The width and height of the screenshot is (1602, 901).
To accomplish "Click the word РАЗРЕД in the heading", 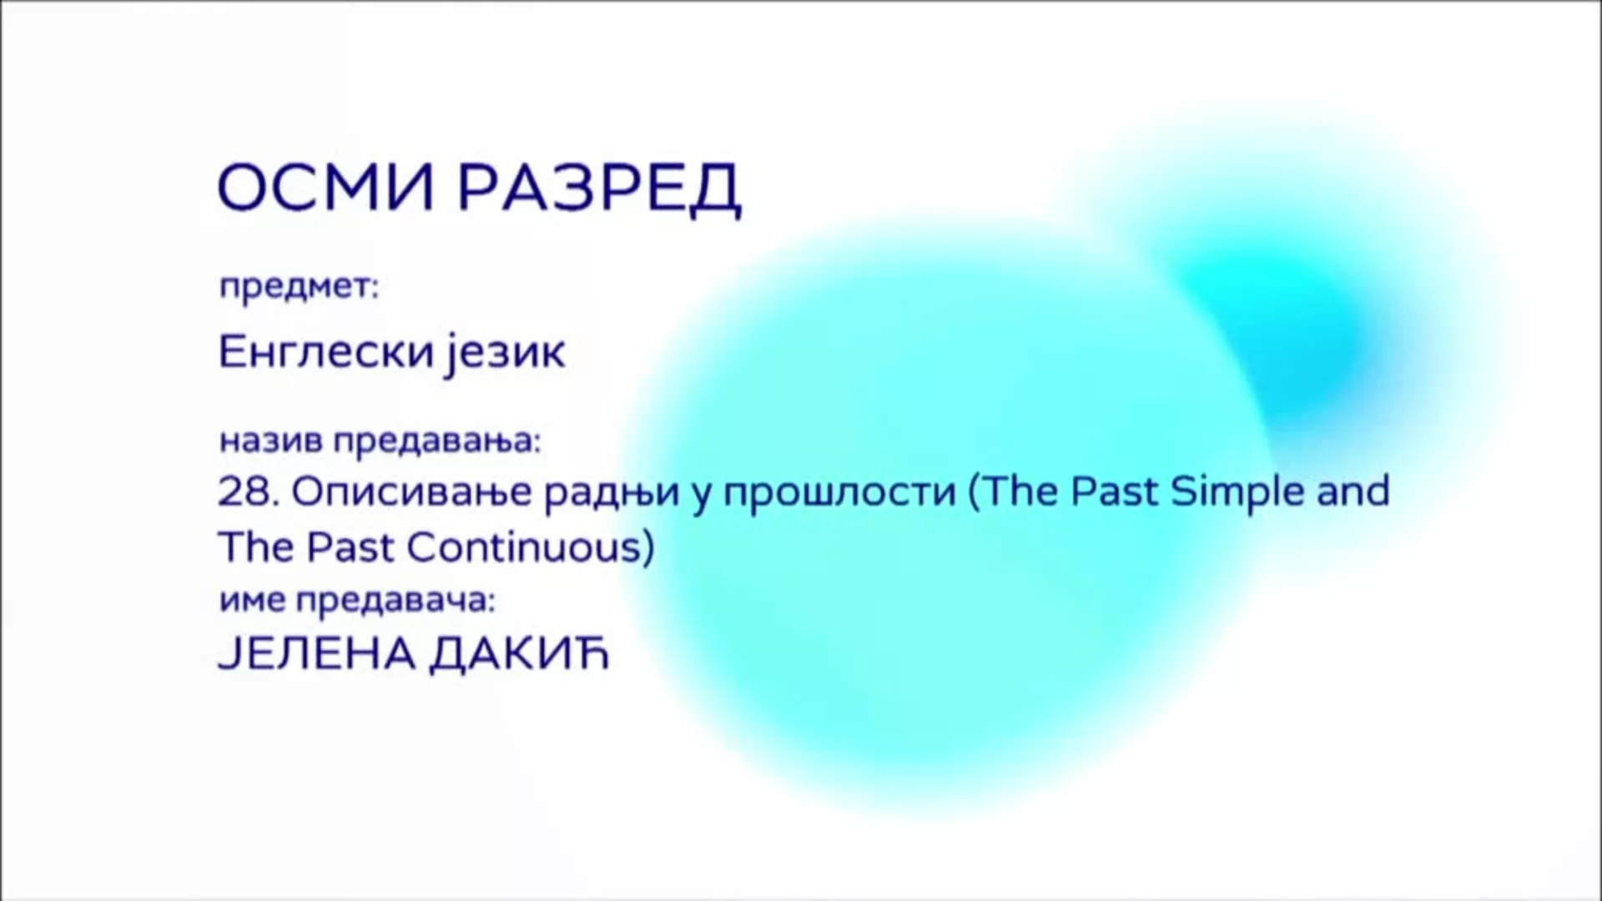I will point(598,189).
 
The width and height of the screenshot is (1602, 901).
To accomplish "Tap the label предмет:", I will point(299,287).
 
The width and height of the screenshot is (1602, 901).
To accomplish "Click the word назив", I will point(270,440).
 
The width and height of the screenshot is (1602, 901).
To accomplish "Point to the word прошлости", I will point(839,492).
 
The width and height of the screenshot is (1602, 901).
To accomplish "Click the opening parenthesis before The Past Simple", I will point(973,492).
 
